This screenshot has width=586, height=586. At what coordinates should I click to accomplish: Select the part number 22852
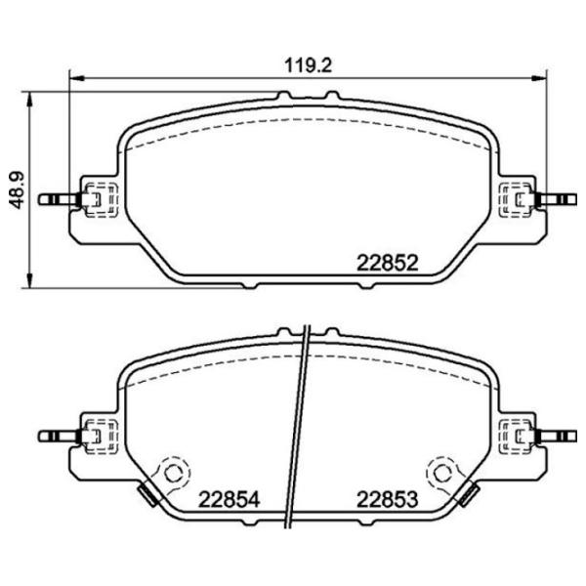click(x=387, y=263)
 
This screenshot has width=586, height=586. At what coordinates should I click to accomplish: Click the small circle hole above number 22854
click(x=175, y=473)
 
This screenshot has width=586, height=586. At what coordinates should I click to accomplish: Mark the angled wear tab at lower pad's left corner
click(x=147, y=495)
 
